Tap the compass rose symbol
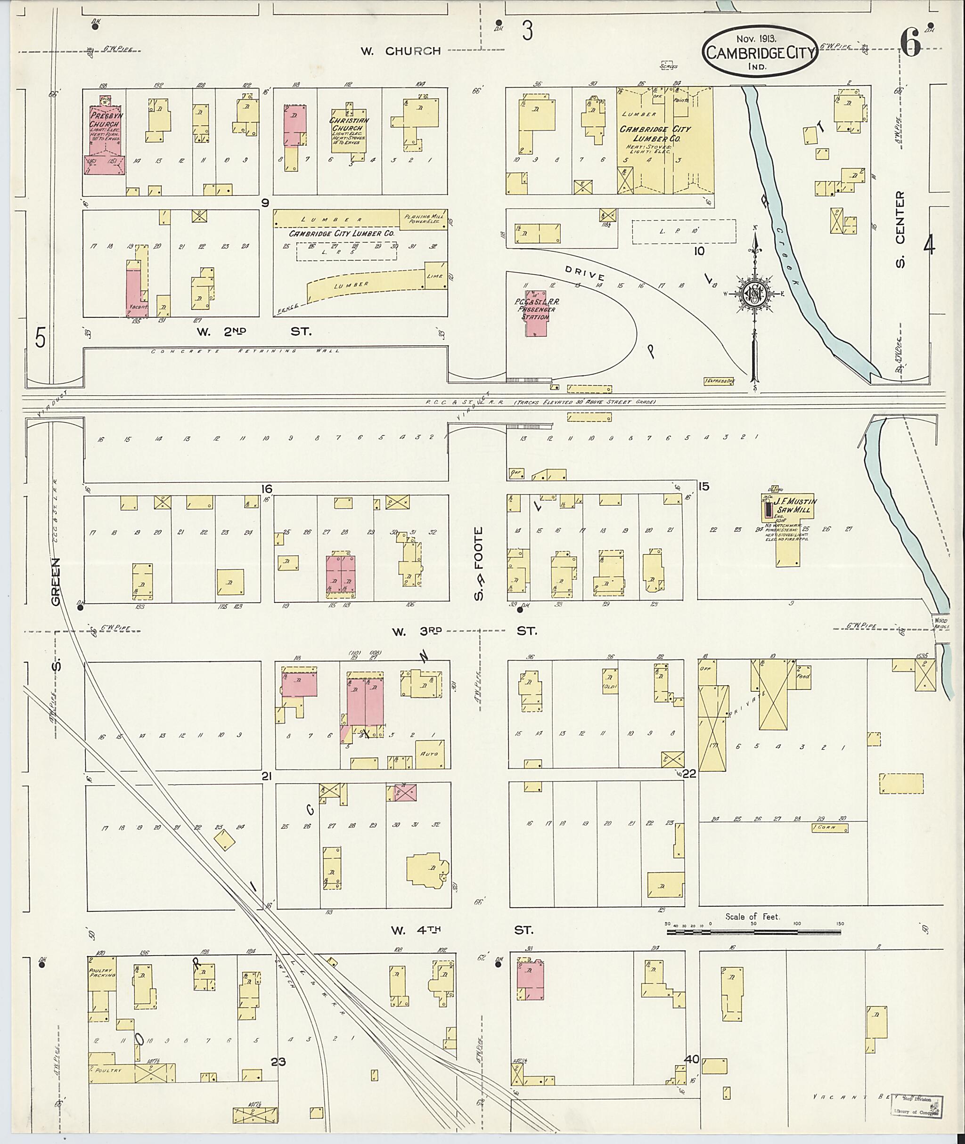click(754, 295)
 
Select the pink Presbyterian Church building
click(105, 139)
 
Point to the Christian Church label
click(349, 125)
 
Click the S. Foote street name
click(479, 563)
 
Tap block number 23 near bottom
click(278, 1062)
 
